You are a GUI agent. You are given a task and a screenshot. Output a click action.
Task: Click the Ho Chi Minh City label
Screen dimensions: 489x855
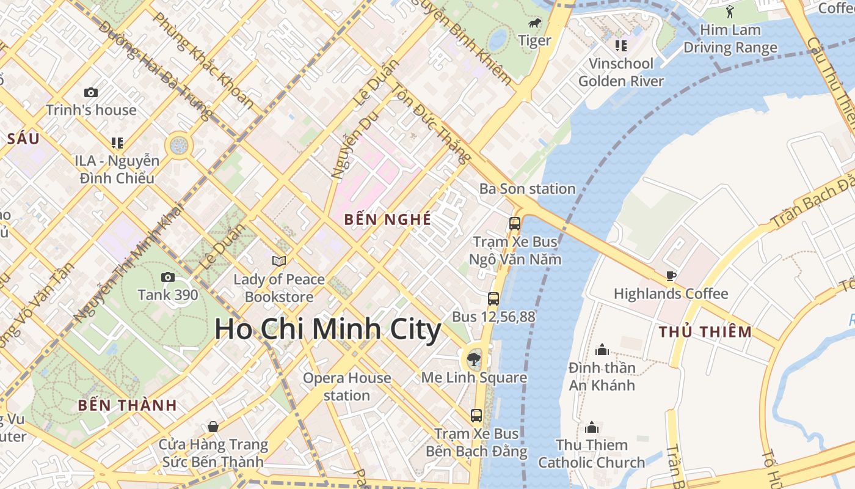pos(327,329)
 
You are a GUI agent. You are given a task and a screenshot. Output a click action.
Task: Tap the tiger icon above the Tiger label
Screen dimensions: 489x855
pos(535,24)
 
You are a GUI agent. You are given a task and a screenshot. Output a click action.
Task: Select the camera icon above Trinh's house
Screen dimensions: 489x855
pos(91,92)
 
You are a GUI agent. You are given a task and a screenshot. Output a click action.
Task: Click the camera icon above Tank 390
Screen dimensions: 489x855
pos(167,277)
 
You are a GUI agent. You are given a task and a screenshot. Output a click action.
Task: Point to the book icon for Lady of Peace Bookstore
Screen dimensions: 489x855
pos(279,261)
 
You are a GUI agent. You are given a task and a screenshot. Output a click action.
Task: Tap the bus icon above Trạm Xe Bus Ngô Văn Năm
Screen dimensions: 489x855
pos(515,223)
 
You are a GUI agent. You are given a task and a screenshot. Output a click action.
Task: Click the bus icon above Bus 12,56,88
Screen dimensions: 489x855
pos(493,299)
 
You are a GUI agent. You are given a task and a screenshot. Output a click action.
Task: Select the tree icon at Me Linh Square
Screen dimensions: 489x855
pos(473,359)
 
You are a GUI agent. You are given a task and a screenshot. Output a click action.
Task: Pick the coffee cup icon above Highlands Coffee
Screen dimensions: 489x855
pos(671,276)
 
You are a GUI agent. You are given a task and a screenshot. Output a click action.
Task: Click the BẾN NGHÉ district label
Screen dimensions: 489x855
pos(388,219)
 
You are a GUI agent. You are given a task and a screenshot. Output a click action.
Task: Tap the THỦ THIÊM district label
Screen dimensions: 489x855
pos(705,333)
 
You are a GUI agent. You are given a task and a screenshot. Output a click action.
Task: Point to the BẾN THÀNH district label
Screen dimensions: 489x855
pos(128,405)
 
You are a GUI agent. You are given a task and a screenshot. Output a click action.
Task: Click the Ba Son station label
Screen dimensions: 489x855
pos(527,189)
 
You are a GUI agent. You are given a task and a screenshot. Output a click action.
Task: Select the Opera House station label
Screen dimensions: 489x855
pos(347,386)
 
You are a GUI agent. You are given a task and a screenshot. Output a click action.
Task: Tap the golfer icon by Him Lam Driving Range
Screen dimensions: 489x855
pos(730,12)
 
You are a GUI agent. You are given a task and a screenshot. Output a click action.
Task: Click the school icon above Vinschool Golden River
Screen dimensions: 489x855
pos(620,45)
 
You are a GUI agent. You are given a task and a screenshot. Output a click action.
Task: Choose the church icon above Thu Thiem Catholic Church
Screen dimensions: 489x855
pos(591,427)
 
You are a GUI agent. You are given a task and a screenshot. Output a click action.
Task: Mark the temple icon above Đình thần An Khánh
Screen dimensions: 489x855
pos(602,350)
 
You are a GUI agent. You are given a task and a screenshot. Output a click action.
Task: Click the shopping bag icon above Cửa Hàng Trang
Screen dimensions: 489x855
pos(213,426)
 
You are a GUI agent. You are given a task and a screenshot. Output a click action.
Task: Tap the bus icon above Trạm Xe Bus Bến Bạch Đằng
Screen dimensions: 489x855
pos(476,416)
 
